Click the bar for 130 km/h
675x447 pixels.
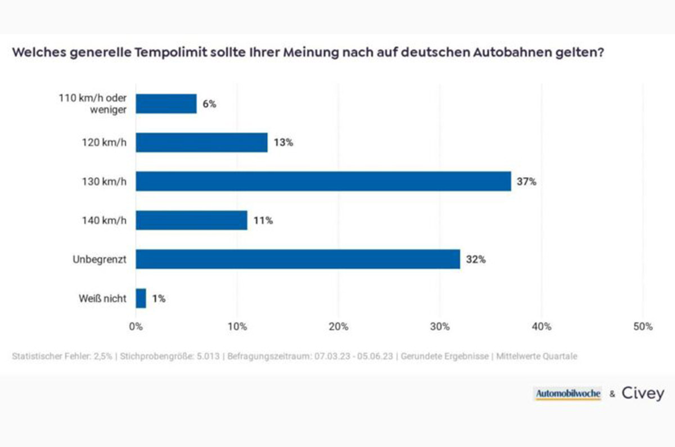[x=323, y=182]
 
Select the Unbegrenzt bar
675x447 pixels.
[x=298, y=259]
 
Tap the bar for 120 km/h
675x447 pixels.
[x=201, y=143]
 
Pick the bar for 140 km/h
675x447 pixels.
[x=191, y=220]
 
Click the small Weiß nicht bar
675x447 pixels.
[x=141, y=299]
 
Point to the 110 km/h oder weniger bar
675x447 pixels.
[x=166, y=104]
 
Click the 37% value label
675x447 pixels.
[x=527, y=182]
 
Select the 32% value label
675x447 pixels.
[x=476, y=260]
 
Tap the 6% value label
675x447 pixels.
[x=209, y=104]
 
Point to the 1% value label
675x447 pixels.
[x=159, y=299]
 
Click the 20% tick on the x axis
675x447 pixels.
[x=339, y=327]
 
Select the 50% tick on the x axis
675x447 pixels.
[x=642, y=327]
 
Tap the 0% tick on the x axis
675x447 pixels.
[x=136, y=327]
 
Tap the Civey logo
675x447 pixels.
[x=642, y=394]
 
